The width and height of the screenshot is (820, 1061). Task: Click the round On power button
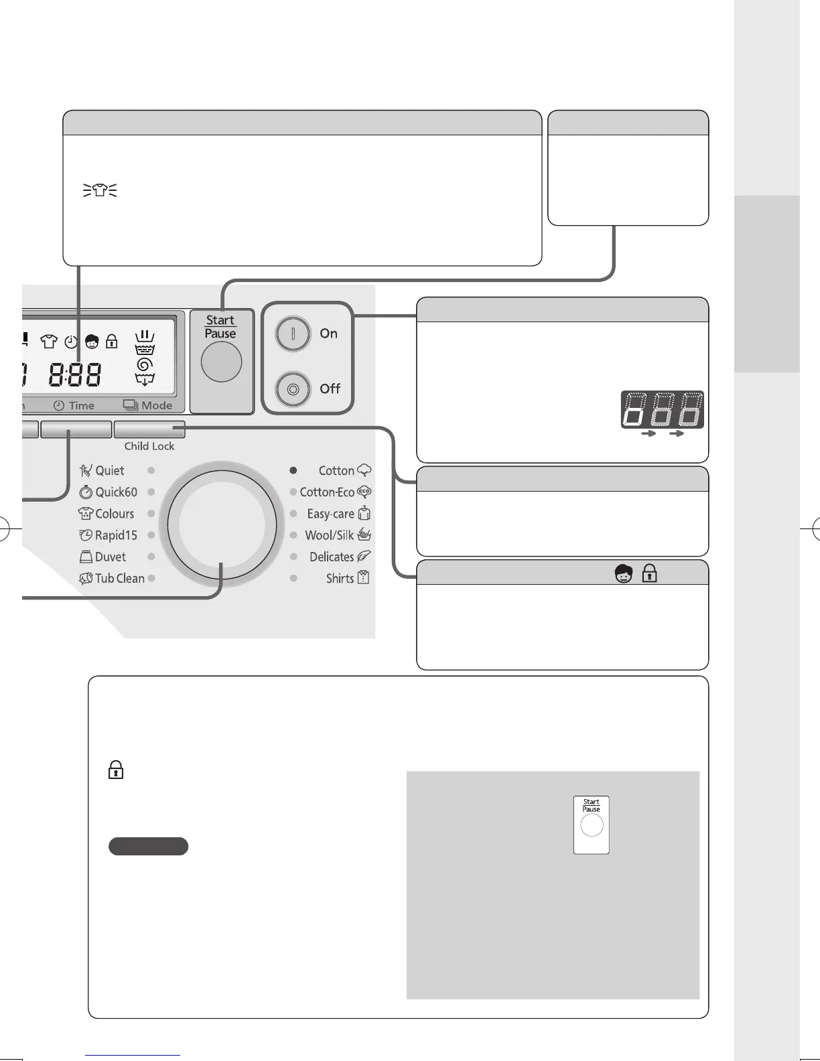293,334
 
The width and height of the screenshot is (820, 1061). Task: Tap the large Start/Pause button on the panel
221,361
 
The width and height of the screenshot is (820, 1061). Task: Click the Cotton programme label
336,470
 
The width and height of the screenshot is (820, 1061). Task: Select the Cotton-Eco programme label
327,492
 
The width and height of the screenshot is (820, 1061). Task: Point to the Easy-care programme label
330,514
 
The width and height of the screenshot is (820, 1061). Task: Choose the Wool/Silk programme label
329,535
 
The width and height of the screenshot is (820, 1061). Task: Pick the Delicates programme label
332,557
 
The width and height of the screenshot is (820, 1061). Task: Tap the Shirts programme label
340,578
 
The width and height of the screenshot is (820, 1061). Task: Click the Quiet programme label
109,470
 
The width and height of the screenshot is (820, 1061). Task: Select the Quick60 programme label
115,492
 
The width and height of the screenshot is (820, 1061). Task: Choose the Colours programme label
114,514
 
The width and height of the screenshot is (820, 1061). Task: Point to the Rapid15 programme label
115,535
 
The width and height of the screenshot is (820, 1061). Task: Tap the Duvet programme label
110,557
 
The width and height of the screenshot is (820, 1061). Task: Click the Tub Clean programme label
119,578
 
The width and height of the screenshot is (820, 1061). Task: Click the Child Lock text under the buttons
149,446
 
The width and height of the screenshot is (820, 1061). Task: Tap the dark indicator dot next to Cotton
293,470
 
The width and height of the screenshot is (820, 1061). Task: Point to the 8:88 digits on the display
76,376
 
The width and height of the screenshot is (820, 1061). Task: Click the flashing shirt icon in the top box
100,192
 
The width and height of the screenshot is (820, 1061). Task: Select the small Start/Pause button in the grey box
592,825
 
